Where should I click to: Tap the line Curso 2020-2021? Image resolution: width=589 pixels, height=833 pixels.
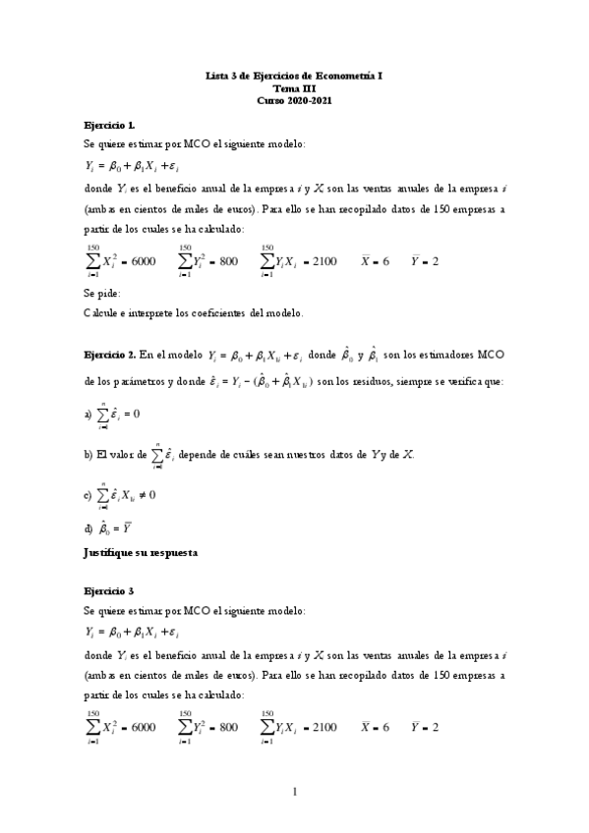[294, 100]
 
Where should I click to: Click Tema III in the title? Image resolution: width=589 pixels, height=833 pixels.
[294, 87]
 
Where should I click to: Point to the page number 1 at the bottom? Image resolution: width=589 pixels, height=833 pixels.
[294, 792]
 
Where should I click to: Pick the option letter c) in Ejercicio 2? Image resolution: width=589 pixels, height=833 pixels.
[88, 495]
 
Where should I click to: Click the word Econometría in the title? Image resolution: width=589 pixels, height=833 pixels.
[345, 75]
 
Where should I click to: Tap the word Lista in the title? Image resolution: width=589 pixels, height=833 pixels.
[215, 75]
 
